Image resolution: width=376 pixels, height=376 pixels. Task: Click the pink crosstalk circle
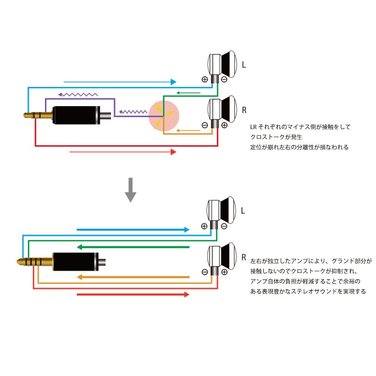coord(163,116)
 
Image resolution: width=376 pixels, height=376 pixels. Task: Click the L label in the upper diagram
coord(244,65)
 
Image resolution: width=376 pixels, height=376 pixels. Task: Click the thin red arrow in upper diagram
coord(123,152)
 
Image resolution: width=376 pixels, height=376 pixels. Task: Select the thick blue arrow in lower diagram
coord(133,229)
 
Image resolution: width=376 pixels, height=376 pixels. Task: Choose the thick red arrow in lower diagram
coord(133,294)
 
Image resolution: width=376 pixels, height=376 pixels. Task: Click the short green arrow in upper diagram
coord(189,93)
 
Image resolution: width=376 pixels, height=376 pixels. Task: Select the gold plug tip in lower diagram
coord(23,261)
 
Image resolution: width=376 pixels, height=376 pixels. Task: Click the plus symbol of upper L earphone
coord(205,79)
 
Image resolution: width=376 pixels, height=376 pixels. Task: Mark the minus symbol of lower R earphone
coord(205,272)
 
